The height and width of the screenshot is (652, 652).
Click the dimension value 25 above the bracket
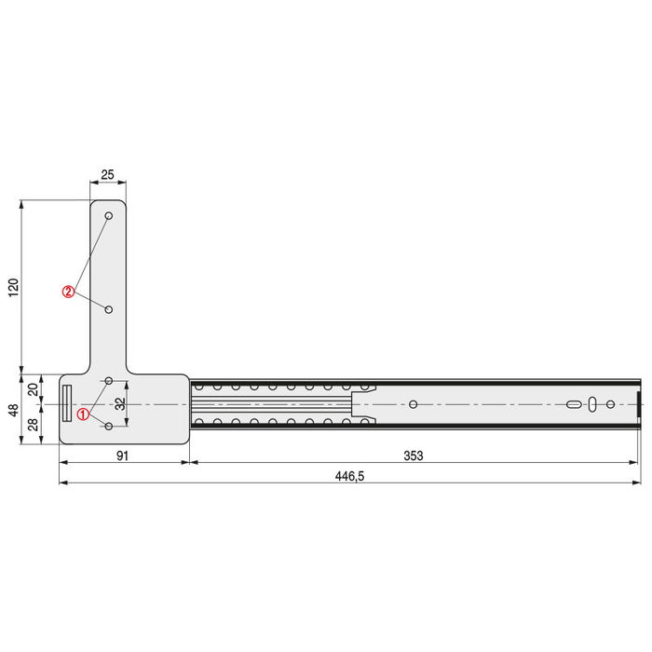click(107, 175)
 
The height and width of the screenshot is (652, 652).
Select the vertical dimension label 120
click(12, 287)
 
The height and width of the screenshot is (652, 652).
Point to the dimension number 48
click(12, 410)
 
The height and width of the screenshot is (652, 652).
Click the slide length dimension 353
click(414, 455)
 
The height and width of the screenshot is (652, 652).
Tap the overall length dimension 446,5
click(349, 475)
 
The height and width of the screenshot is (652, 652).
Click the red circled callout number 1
click(83, 414)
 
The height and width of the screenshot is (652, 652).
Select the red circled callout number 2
click(68, 292)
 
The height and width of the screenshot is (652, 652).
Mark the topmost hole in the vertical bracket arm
click(109, 216)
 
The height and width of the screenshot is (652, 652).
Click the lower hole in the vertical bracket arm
click(109, 308)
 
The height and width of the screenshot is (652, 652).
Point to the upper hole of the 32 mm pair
click(109, 381)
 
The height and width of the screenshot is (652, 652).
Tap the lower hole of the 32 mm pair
click(109, 426)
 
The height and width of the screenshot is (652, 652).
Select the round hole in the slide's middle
click(414, 404)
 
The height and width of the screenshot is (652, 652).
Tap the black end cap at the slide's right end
click(639, 404)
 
